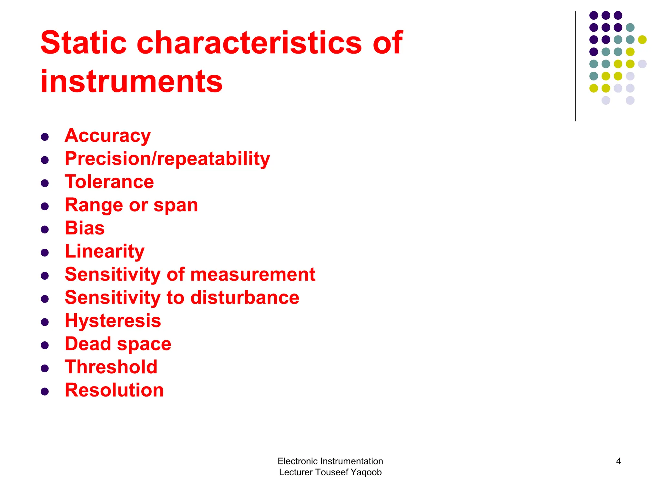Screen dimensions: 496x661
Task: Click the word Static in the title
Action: (x=83, y=43)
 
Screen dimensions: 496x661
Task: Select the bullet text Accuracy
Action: (x=108, y=136)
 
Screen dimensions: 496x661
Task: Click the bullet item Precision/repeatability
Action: (x=167, y=159)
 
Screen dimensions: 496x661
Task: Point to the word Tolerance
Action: (x=109, y=182)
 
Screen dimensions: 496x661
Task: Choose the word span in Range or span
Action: (x=176, y=205)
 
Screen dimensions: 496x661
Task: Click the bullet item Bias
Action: (x=85, y=228)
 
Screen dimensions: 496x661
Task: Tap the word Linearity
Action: (x=105, y=251)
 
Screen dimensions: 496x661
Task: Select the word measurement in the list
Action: (x=253, y=274)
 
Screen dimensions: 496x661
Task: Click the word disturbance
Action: (x=245, y=297)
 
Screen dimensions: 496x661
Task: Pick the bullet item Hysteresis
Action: (x=113, y=321)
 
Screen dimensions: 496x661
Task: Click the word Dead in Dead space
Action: (x=88, y=344)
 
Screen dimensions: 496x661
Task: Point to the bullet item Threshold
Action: (x=111, y=367)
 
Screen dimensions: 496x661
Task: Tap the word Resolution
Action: (x=114, y=390)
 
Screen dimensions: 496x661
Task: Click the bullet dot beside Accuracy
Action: (x=45, y=137)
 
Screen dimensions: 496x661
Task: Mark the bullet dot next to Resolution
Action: (x=45, y=392)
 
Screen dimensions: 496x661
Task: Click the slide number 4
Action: (x=618, y=461)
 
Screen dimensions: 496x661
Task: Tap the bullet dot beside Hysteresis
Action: (x=45, y=322)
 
